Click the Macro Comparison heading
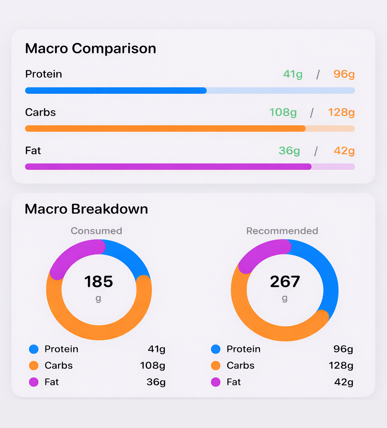pos(90,48)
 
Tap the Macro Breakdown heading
pos(86,209)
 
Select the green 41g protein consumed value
pos(293,74)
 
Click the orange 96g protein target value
pos(344,74)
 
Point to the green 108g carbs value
pos(283,112)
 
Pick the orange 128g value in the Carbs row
pos(341,112)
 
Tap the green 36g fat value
pos(289,151)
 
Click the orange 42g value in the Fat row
pos(344,151)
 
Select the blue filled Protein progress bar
pos(116,90)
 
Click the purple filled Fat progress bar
pos(168,167)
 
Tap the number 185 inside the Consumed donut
pos(98,282)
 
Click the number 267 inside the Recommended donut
pos(285,282)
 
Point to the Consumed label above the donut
pos(96,231)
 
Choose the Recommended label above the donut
pos(282,231)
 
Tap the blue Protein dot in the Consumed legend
pos(34,349)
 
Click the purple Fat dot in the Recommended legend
pos(216,382)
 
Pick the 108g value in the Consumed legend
pos(152,366)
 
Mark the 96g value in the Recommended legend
pos(343,349)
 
